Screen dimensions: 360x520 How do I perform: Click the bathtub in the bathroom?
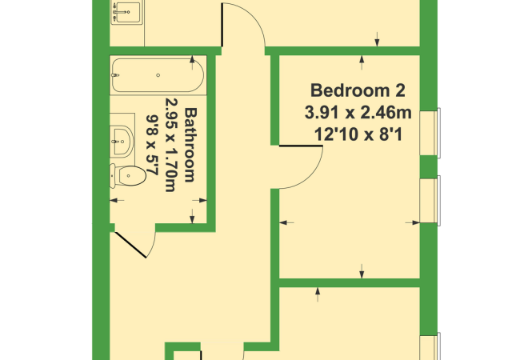157,75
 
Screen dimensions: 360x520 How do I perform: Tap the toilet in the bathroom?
129,174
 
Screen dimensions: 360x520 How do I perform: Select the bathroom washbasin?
121,138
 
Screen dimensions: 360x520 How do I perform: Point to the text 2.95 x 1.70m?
170,146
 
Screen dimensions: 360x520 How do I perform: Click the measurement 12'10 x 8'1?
354,135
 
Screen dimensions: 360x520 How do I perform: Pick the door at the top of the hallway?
245,24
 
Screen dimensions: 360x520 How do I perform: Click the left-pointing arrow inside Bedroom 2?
285,222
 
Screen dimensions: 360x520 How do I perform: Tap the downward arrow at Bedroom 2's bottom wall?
363,271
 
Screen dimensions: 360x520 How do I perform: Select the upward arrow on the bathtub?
193,61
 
